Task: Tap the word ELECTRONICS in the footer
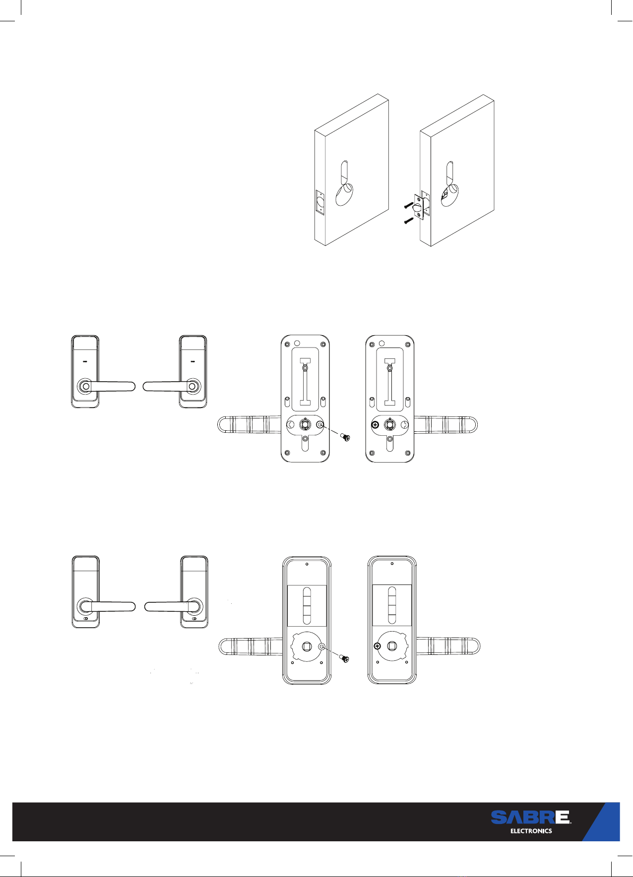click(x=531, y=831)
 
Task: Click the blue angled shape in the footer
click(x=601, y=821)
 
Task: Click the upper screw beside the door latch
click(x=409, y=204)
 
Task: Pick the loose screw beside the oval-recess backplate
click(x=344, y=438)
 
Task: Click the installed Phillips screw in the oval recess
click(x=376, y=424)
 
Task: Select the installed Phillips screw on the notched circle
click(x=377, y=646)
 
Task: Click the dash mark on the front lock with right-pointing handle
click(x=85, y=361)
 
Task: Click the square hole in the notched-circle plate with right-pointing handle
click(x=392, y=646)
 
